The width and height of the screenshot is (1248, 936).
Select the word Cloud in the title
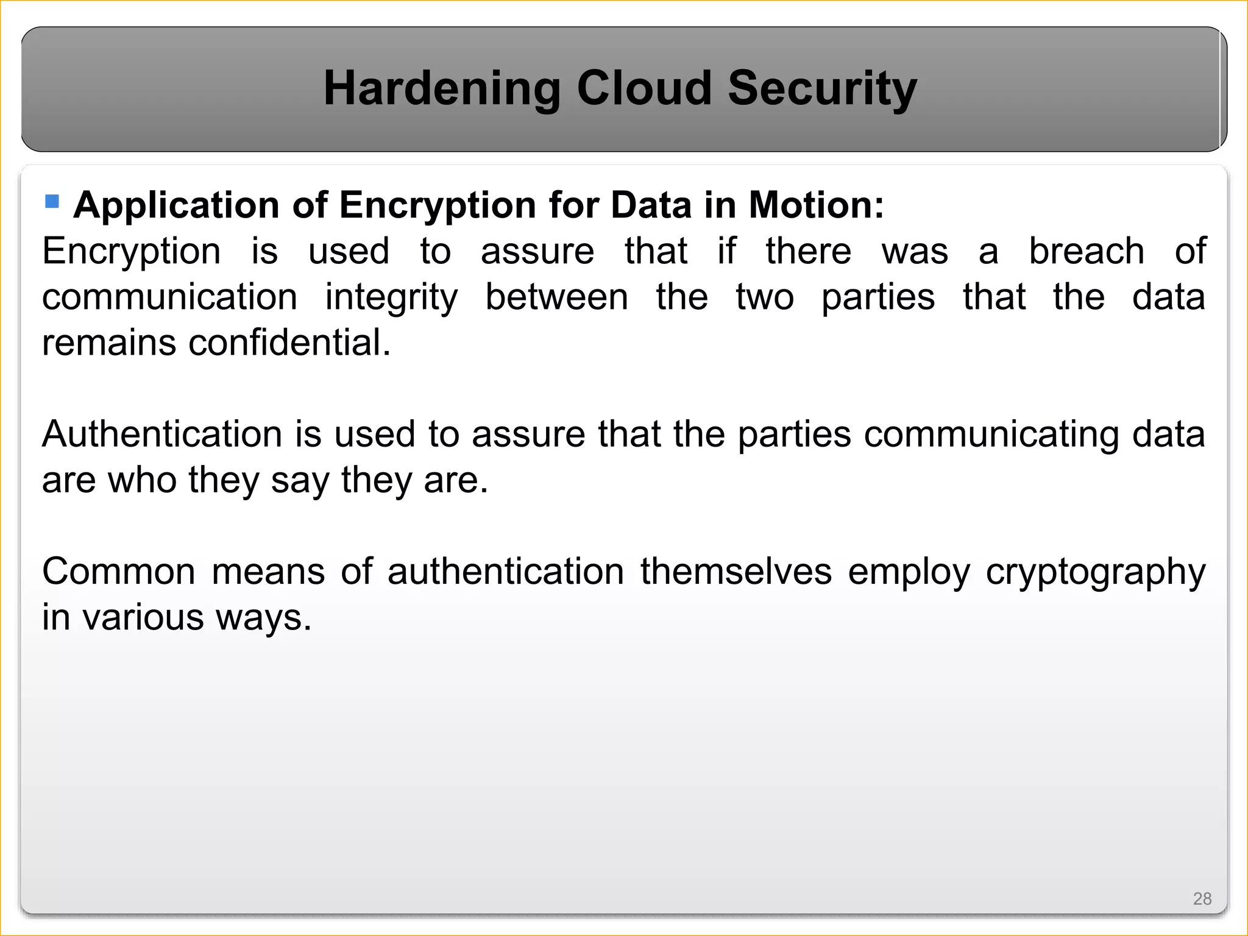pyautogui.click(x=643, y=88)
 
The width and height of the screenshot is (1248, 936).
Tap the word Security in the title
pyautogui.click(x=822, y=89)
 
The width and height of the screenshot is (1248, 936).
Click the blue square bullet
pyautogui.click(x=52, y=201)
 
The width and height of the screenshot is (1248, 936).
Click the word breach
pyautogui.click(x=1087, y=251)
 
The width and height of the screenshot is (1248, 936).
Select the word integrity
pyautogui.click(x=391, y=298)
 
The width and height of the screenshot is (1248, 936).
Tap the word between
pyautogui.click(x=556, y=297)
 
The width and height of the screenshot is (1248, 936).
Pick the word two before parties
pyautogui.click(x=765, y=297)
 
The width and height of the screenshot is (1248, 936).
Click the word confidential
pyautogui.click(x=289, y=342)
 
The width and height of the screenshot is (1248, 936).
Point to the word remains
pyautogui.click(x=109, y=342)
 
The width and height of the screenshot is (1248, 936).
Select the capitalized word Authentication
pyautogui.click(x=162, y=434)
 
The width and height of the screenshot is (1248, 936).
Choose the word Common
pyautogui.click(x=119, y=572)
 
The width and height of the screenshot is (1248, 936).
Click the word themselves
pyautogui.click(x=736, y=572)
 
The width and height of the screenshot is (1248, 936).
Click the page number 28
pyautogui.click(x=1202, y=899)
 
